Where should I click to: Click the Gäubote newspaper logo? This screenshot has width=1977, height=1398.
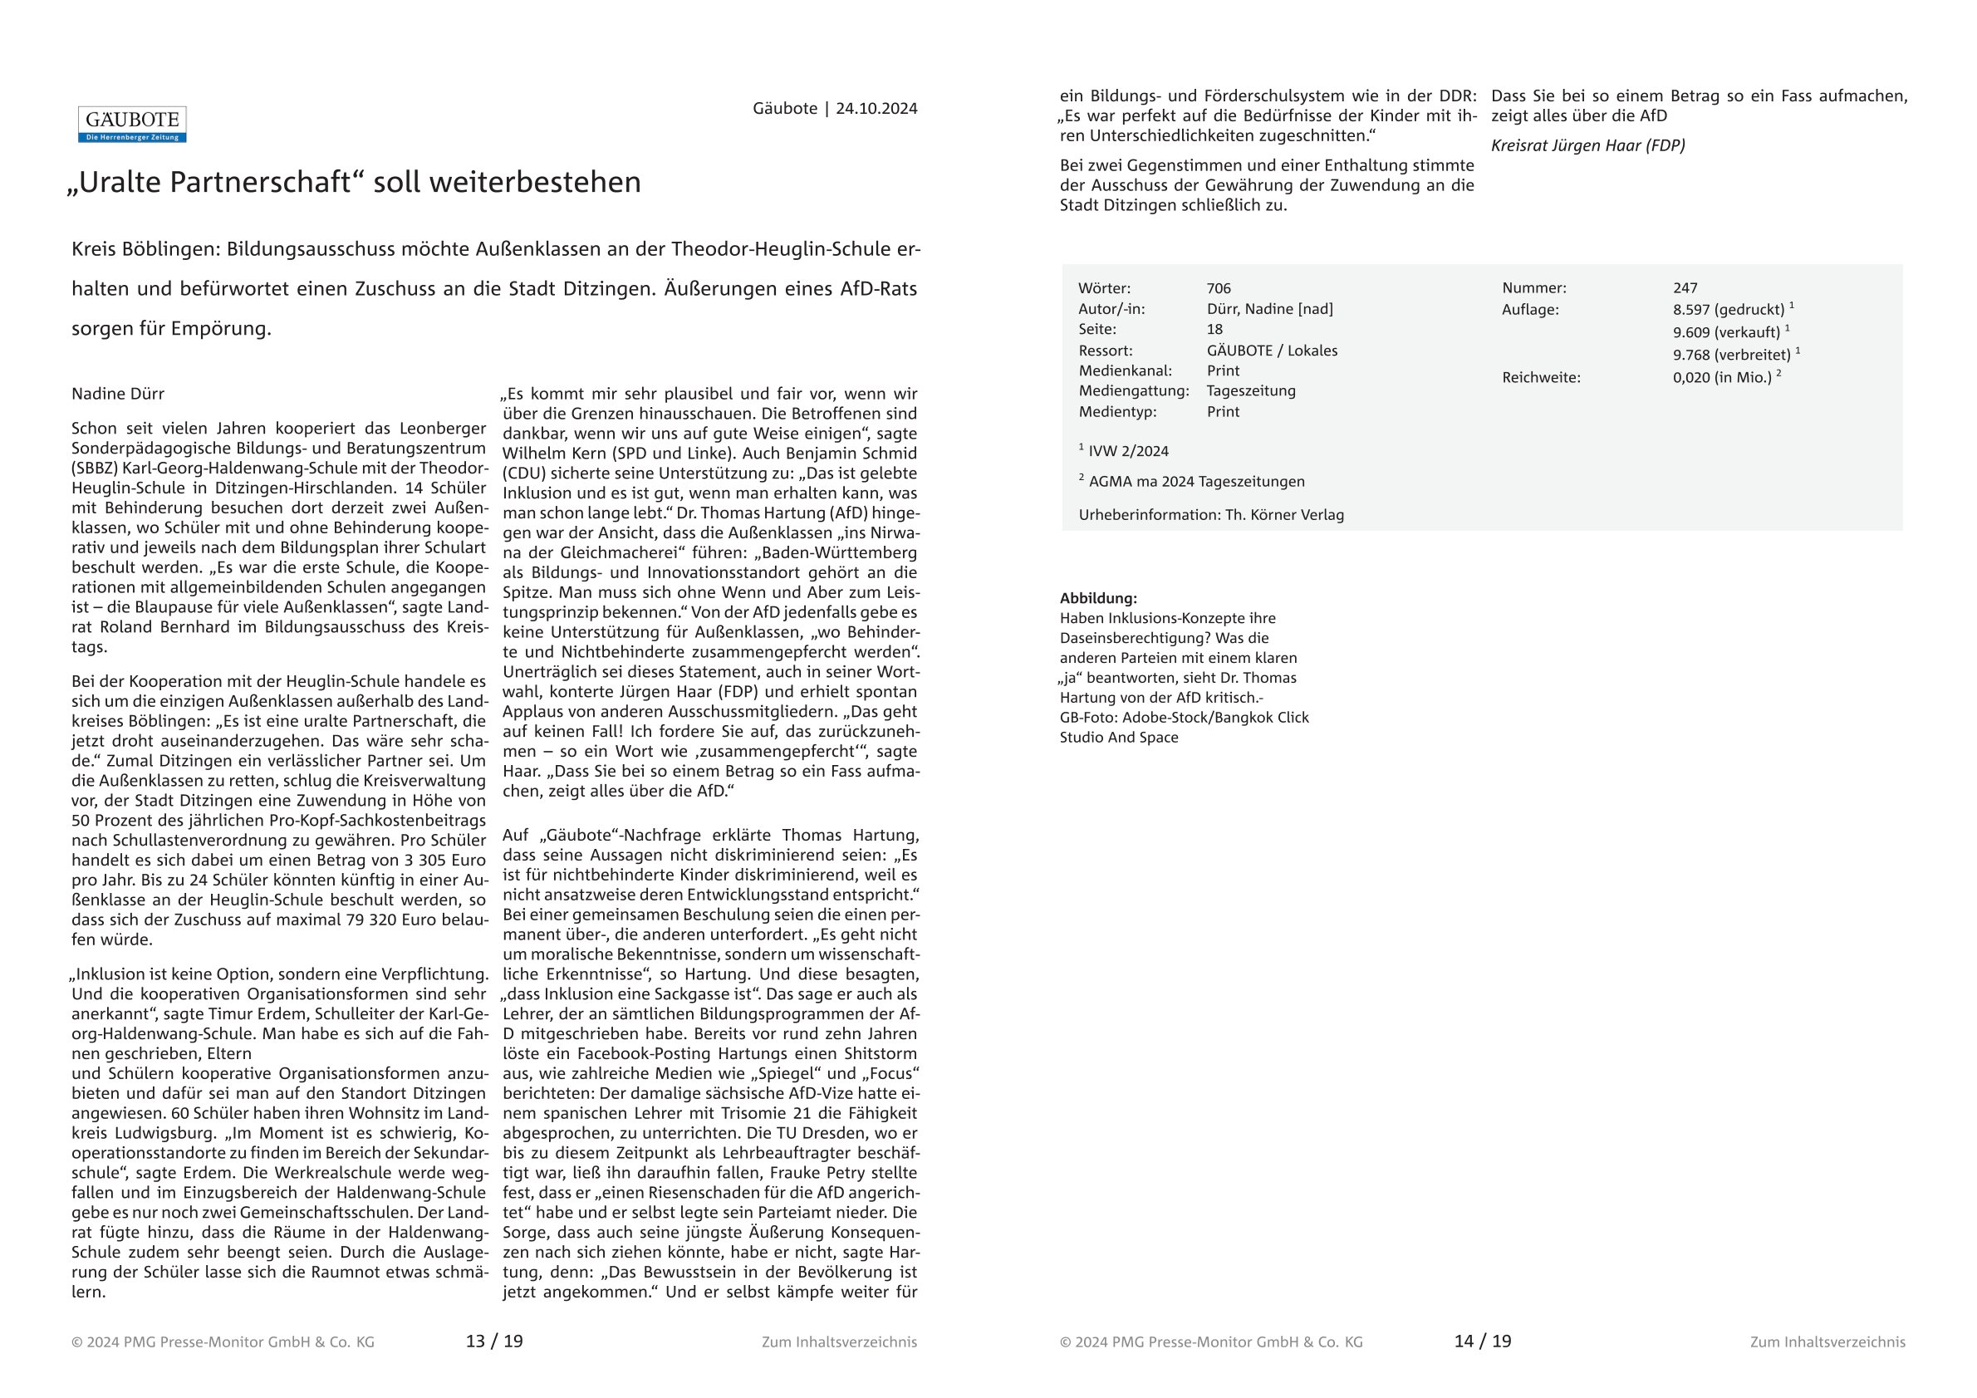(x=132, y=124)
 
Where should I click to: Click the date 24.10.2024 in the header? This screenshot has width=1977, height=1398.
(x=876, y=109)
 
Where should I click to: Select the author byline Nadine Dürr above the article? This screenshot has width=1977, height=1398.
(x=118, y=394)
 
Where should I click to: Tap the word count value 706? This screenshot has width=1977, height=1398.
(x=1219, y=288)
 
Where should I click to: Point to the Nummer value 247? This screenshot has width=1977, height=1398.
(x=1685, y=288)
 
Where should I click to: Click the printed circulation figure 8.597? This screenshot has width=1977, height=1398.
(x=1695, y=310)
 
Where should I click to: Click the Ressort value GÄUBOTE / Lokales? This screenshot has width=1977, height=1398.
(x=1272, y=351)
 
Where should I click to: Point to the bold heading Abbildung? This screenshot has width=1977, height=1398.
(x=1098, y=598)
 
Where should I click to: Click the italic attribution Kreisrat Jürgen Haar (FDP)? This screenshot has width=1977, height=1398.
(x=1587, y=145)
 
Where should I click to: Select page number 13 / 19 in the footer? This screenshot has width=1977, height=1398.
(x=494, y=1342)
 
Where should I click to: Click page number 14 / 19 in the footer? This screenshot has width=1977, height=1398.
(x=1483, y=1342)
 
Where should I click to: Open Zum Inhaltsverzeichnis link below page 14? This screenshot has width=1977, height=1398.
(x=1827, y=1342)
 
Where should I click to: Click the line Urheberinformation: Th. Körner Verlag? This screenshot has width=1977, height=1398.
(x=1210, y=515)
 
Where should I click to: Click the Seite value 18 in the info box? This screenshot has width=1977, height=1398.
(x=1214, y=329)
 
